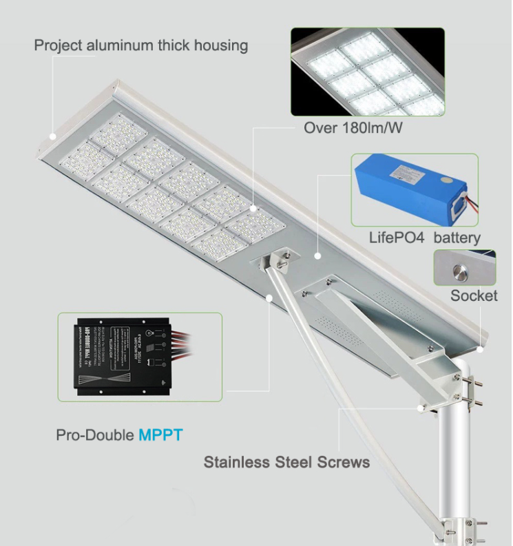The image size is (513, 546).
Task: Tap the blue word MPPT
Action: pyautogui.click(x=160, y=435)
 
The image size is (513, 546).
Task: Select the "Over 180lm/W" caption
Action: pyautogui.click(x=352, y=129)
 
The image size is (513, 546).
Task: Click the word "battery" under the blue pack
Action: pyautogui.click(x=454, y=238)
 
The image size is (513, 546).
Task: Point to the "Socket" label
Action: pyautogui.click(x=474, y=296)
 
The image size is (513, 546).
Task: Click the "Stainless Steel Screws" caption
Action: pyautogui.click(x=286, y=461)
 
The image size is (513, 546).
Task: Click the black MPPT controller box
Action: pyautogui.click(x=121, y=357)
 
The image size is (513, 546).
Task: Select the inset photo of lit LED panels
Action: pyautogui.click(x=367, y=72)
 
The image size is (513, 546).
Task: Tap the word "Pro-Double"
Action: pyautogui.click(x=95, y=435)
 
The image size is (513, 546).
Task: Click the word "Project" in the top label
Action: pyautogui.click(x=58, y=46)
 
